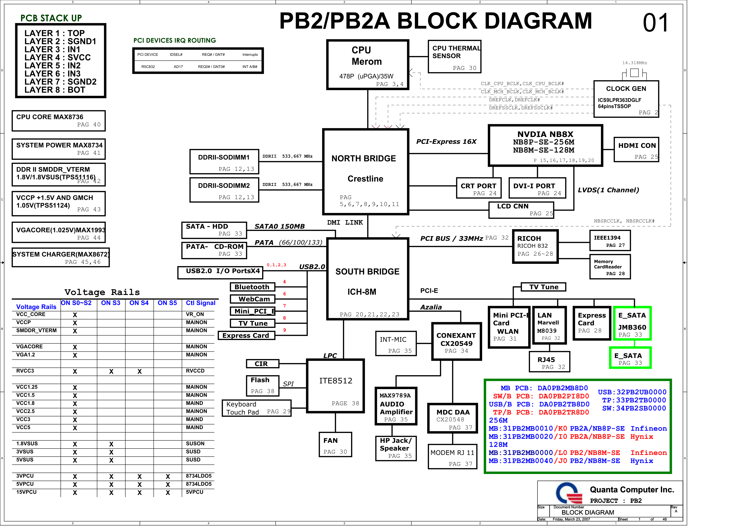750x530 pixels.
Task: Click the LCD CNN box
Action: (521, 210)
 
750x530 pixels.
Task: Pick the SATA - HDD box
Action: (214, 230)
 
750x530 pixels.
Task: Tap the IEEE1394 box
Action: (610, 241)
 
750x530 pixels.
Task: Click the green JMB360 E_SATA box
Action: (632, 323)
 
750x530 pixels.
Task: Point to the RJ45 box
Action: (549, 362)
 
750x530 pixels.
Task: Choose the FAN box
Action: (335, 445)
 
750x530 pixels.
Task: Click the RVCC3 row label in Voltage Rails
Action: (25, 371)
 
